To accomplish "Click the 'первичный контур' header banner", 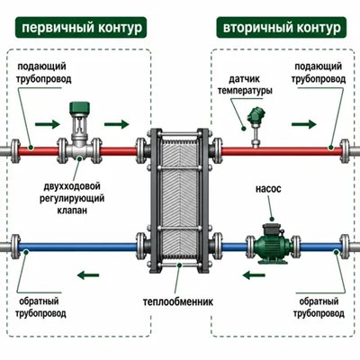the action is click(81, 28).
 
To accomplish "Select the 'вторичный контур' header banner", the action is click(282, 28).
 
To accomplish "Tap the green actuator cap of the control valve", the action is click(79, 108).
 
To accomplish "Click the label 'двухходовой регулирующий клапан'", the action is click(72, 198).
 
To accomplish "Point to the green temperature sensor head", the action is click(255, 115).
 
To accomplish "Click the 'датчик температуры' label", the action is click(245, 85).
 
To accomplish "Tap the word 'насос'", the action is click(268, 189).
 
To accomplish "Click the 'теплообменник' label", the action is click(178, 301).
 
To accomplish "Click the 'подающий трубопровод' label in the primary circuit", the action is click(44, 73).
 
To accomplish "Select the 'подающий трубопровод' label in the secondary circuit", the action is click(319, 73).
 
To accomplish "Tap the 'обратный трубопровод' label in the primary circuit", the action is click(40, 308).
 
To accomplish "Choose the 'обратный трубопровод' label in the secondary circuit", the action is click(319, 308).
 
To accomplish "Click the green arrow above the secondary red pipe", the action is click(303, 123).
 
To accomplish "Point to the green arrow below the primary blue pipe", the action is click(88, 274).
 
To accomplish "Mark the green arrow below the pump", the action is click(254, 274).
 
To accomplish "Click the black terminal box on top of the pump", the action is click(271, 229).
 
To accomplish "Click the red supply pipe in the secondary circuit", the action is click(282, 151).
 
